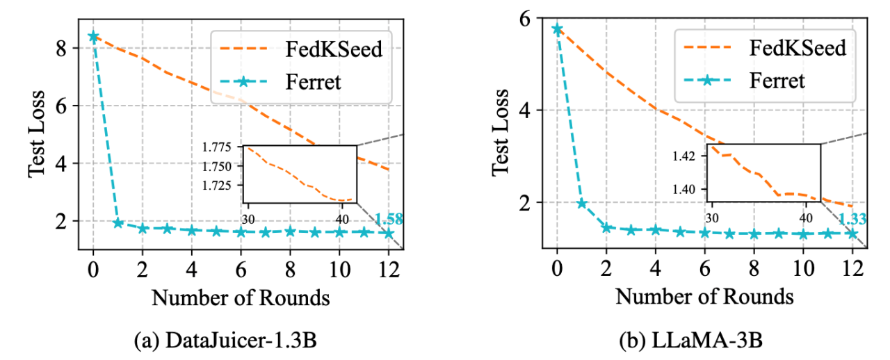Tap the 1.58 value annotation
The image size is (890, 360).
pyautogui.click(x=389, y=220)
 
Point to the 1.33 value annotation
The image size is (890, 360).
pyautogui.click(x=852, y=220)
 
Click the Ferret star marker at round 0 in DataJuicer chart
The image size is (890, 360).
pyautogui.click(x=93, y=36)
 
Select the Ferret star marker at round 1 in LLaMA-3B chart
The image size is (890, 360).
pyautogui.click(x=581, y=204)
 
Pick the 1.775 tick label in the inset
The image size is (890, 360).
pyautogui.click(x=224, y=147)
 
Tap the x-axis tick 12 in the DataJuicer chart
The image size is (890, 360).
pyautogui.click(x=389, y=270)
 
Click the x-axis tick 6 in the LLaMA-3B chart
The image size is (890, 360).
pyautogui.click(x=704, y=270)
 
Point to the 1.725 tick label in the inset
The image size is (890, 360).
pyautogui.click(x=224, y=186)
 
